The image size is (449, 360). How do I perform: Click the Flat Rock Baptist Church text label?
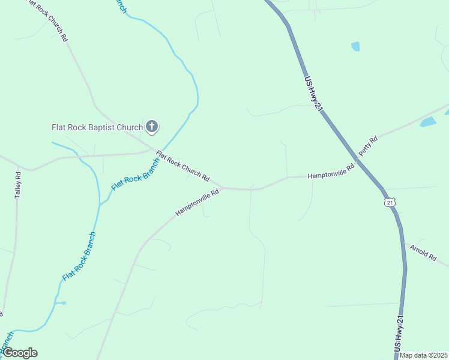point(97,127)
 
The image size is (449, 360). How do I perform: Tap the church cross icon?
point(152,127)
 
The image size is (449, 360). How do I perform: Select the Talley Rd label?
point(18,185)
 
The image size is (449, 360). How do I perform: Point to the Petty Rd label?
point(368,148)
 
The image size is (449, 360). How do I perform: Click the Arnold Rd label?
point(423,251)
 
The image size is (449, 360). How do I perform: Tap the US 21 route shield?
point(390,202)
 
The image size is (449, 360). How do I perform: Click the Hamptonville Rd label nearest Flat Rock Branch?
point(197,204)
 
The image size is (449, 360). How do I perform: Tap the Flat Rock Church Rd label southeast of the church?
point(182,166)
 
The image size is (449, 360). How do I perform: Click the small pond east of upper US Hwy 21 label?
point(355,46)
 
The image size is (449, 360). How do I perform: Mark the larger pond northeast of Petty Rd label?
point(428,122)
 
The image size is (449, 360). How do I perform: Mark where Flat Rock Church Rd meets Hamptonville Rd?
point(223,188)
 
